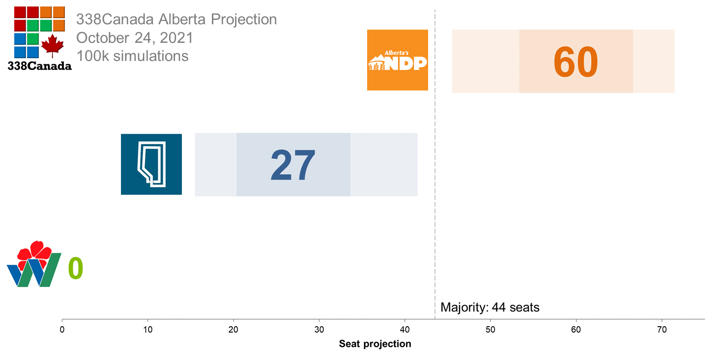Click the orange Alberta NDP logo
click(x=398, y=60)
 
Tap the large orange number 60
click(x=575, y=62)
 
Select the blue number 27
click(x=293, y=165)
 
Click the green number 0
click(x=76, y=269)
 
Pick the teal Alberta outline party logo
click(x=151, y=164)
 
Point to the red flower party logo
click(x=34, y=265)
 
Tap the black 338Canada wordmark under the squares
click(x=40, y=66)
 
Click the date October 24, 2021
click(x=134, y=38)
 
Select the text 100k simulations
click(x=132, y=56)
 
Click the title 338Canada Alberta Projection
click(x=176, y=20)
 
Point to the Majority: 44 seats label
click(x=490, y=307)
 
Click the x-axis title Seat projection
click(x=375, y=344)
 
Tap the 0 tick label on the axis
click(x=62, y=329)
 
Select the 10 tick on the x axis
click(x=148, y=329)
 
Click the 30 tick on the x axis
click(x=319, y=329)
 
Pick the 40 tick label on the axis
click(x=405, y=329)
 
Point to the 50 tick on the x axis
click(x=490, y=329)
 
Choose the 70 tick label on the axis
click(x=661, y=329)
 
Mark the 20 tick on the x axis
click(x=233, y=329)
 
